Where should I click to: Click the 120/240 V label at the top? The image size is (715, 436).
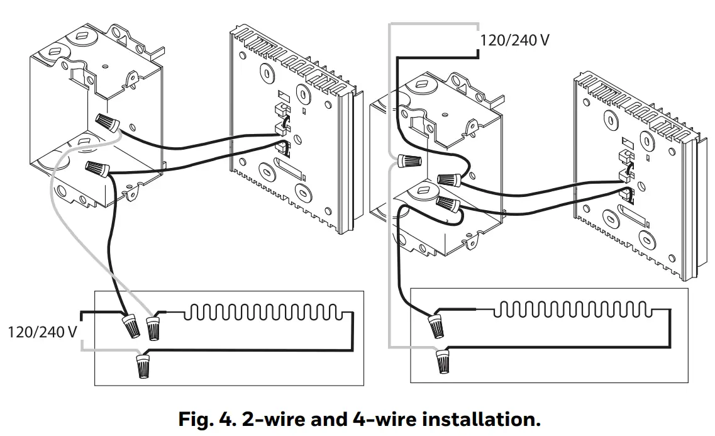tap(514, 41)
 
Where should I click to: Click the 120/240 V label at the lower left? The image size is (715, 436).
tap(42, 332)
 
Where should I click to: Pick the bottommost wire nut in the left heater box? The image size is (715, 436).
tap(144, 366)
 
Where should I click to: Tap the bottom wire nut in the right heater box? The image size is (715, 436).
tap(443, 363)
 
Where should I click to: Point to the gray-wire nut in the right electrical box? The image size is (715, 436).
tap(410, 162)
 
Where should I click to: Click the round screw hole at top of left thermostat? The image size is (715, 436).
tap(304, 94)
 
